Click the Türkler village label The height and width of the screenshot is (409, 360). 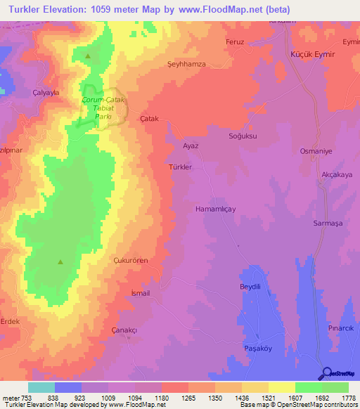pos(180,167)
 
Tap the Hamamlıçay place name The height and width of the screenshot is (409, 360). pos(219,209)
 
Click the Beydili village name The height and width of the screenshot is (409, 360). pos(250,287)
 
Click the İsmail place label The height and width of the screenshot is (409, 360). pos(141,293)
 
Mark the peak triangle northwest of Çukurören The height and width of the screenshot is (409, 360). pos(60,262)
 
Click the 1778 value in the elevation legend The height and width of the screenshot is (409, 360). pos(349,398)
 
